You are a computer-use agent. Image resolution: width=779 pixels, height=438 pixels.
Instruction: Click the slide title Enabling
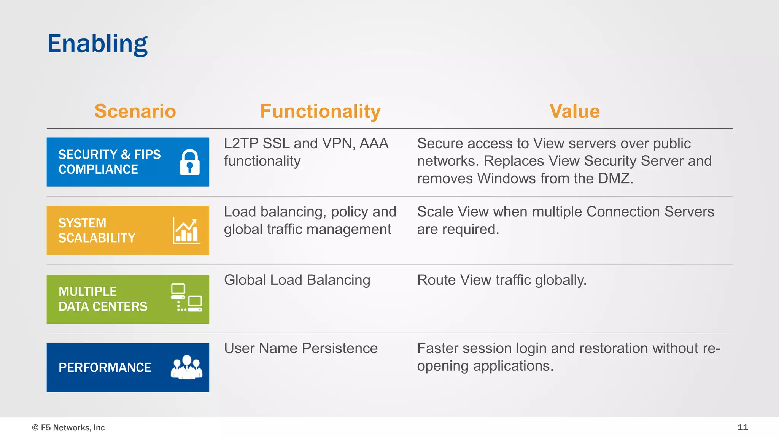coord(97,44)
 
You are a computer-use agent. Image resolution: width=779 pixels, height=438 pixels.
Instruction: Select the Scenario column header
coord(135,111)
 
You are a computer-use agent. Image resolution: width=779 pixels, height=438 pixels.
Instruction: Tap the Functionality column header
coord(320,111)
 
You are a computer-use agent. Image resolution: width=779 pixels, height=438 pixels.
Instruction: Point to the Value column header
coord(574,111)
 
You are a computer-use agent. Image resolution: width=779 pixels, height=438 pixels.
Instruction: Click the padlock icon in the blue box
coord(189,162)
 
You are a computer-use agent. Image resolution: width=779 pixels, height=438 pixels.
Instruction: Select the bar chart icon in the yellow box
coord(186,231)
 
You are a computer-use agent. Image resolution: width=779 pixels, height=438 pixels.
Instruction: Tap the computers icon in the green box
coord(186,298)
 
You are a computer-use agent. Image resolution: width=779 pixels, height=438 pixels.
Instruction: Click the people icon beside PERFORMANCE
coord(186,367)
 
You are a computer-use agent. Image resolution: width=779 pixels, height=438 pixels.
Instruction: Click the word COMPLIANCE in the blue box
coord(98,170)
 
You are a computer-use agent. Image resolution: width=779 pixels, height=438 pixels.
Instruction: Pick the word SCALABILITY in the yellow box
coord(97,238)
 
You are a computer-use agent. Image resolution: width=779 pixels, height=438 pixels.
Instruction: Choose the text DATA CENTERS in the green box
coord(103,306)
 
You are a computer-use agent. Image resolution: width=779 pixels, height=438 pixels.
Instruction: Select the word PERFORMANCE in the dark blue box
coord(105,368)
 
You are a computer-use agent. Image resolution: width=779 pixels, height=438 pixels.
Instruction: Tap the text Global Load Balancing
coord(297,280)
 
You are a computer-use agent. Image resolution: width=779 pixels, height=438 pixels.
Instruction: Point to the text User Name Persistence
coord(300,348)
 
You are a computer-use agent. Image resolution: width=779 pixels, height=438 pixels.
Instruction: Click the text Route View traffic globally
coord(501,280)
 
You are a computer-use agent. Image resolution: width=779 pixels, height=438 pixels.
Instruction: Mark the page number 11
coord(742,427)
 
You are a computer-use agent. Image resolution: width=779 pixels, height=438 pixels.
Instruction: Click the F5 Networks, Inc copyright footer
coord(68,428)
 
